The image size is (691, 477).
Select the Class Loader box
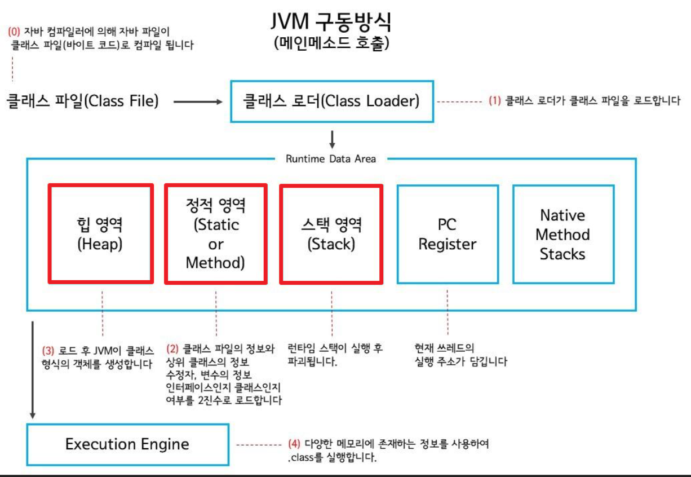pyautogui.click(x=331, y=101)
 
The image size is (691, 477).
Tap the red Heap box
pyautogui.click(x=101, y=233)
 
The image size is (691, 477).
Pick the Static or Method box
pyautogui.click(x=216, y=234)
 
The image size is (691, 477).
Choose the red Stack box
pyautogui.click(x=331, y=234)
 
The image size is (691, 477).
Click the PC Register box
pyautogui.click(x=448, y=234)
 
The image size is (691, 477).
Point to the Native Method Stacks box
pyautogui.click(x=563, y=234)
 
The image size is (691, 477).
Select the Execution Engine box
pyautogui.click(x=127, y=444)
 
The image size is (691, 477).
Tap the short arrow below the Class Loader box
pyautogui.click(x=332, y=139)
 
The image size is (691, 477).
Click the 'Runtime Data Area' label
pyautogui.click(x=331, y=158)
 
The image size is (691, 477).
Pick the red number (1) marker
pyautogui.click(x=494, y=102)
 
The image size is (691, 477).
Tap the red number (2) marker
pyautogui.click(x=172, y=349)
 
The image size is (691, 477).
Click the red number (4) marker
pyautogui.click(x=294, y=444)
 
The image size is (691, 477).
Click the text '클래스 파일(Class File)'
pyautogui.click(x=82, y=102)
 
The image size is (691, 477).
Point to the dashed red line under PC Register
pyautogui.click(x=448, y=313)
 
